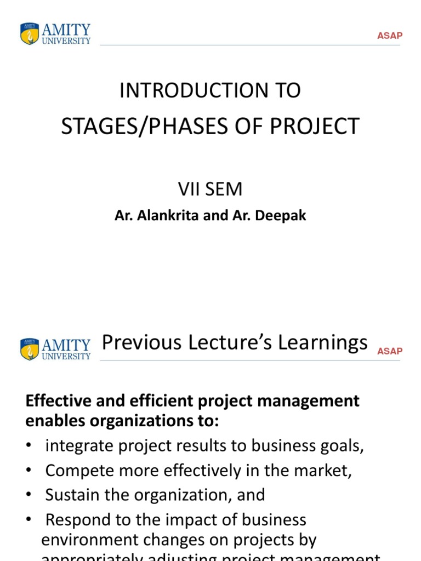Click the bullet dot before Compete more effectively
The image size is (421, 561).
(29, 471)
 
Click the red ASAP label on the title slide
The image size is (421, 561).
(390, 36)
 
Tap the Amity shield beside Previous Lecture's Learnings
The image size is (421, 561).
(30, 349)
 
